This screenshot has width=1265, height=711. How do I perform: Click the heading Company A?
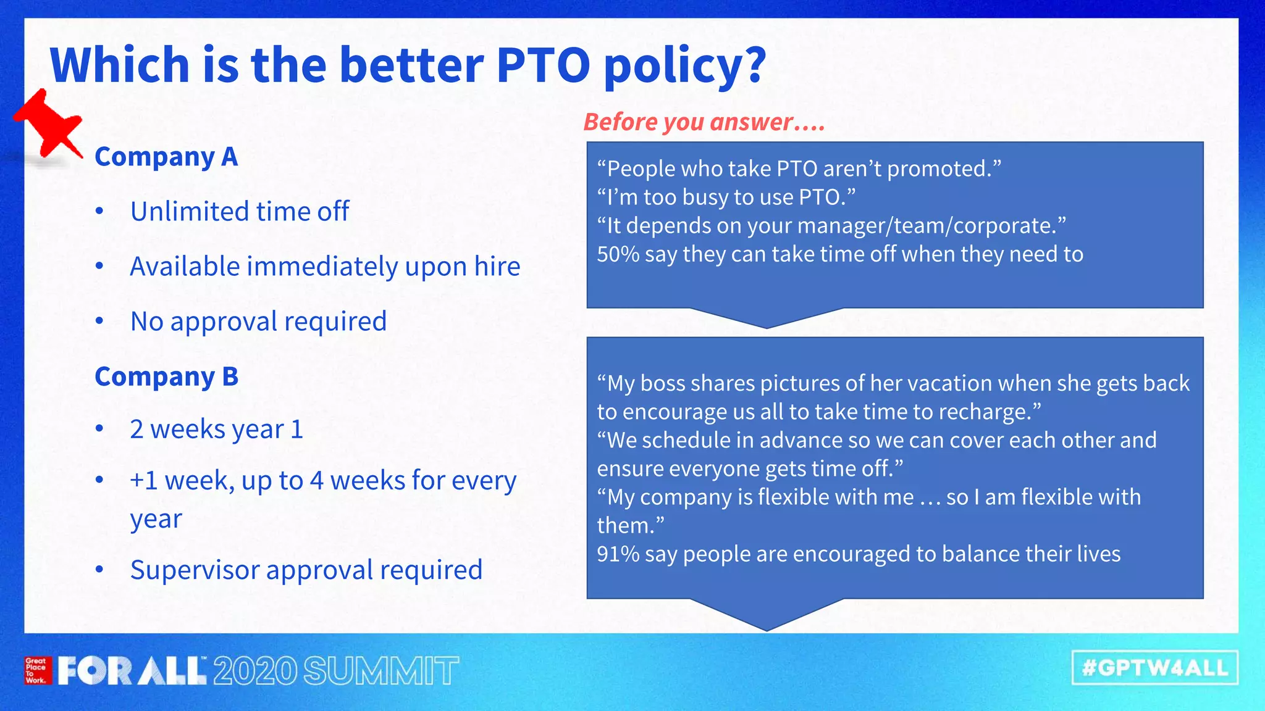coord(166,157)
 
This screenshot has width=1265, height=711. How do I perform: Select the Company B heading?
coord(166,376)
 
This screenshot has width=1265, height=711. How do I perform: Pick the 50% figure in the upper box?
coord(617,254)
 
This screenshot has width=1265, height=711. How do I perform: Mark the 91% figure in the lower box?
coord(617,554)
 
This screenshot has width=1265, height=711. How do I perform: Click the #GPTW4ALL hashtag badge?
coord(1154,668)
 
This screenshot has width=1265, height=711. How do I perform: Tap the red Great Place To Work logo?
coord(36,670)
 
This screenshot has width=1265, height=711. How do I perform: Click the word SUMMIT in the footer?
coord(381,671)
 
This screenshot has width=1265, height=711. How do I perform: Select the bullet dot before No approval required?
coord(99,321)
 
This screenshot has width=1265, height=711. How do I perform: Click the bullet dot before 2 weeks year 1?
coord(99,429)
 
